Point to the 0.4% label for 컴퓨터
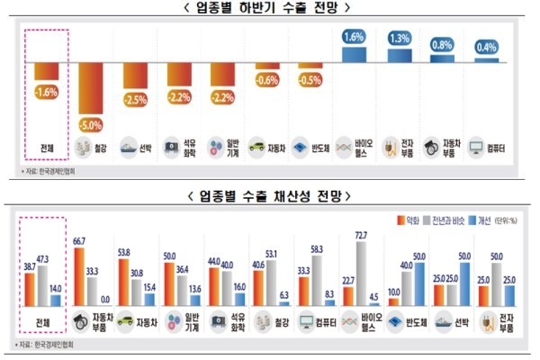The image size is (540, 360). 485,47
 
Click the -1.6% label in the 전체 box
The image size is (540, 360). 47,90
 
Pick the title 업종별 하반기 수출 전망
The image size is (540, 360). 272,8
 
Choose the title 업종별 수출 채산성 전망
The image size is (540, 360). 272,194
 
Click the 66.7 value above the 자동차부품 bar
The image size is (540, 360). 80,241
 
